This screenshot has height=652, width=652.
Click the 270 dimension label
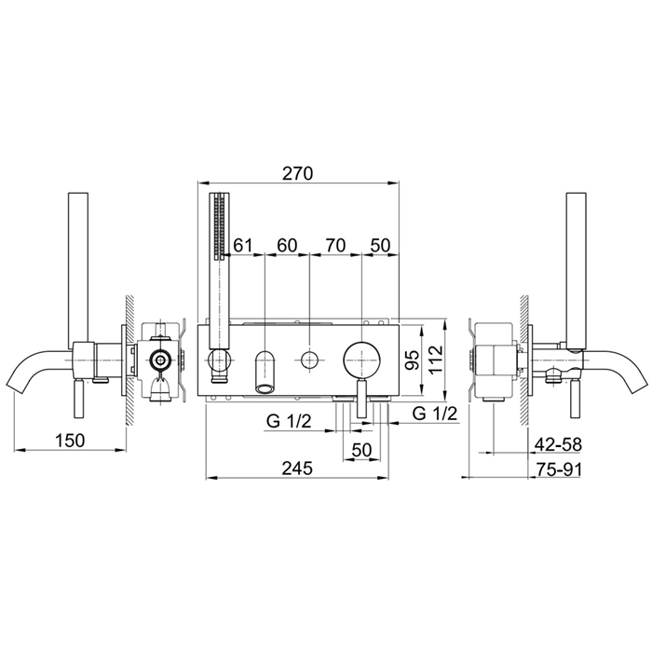click(x=297, y=173)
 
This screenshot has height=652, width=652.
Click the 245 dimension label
click(x=297, y=469)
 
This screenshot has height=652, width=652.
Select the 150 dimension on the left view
click(x=70, y=441)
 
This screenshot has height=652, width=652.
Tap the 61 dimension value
click(x=243, y=245)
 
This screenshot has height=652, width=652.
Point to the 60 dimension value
click(x=287, y=245)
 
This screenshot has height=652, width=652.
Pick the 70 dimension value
click(x=335, y=245)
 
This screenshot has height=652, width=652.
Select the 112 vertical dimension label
click(x=436, y=360)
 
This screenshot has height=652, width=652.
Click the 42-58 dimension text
click(x=558, y=444)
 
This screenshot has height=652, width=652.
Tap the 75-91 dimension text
click(x=558, y=469)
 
